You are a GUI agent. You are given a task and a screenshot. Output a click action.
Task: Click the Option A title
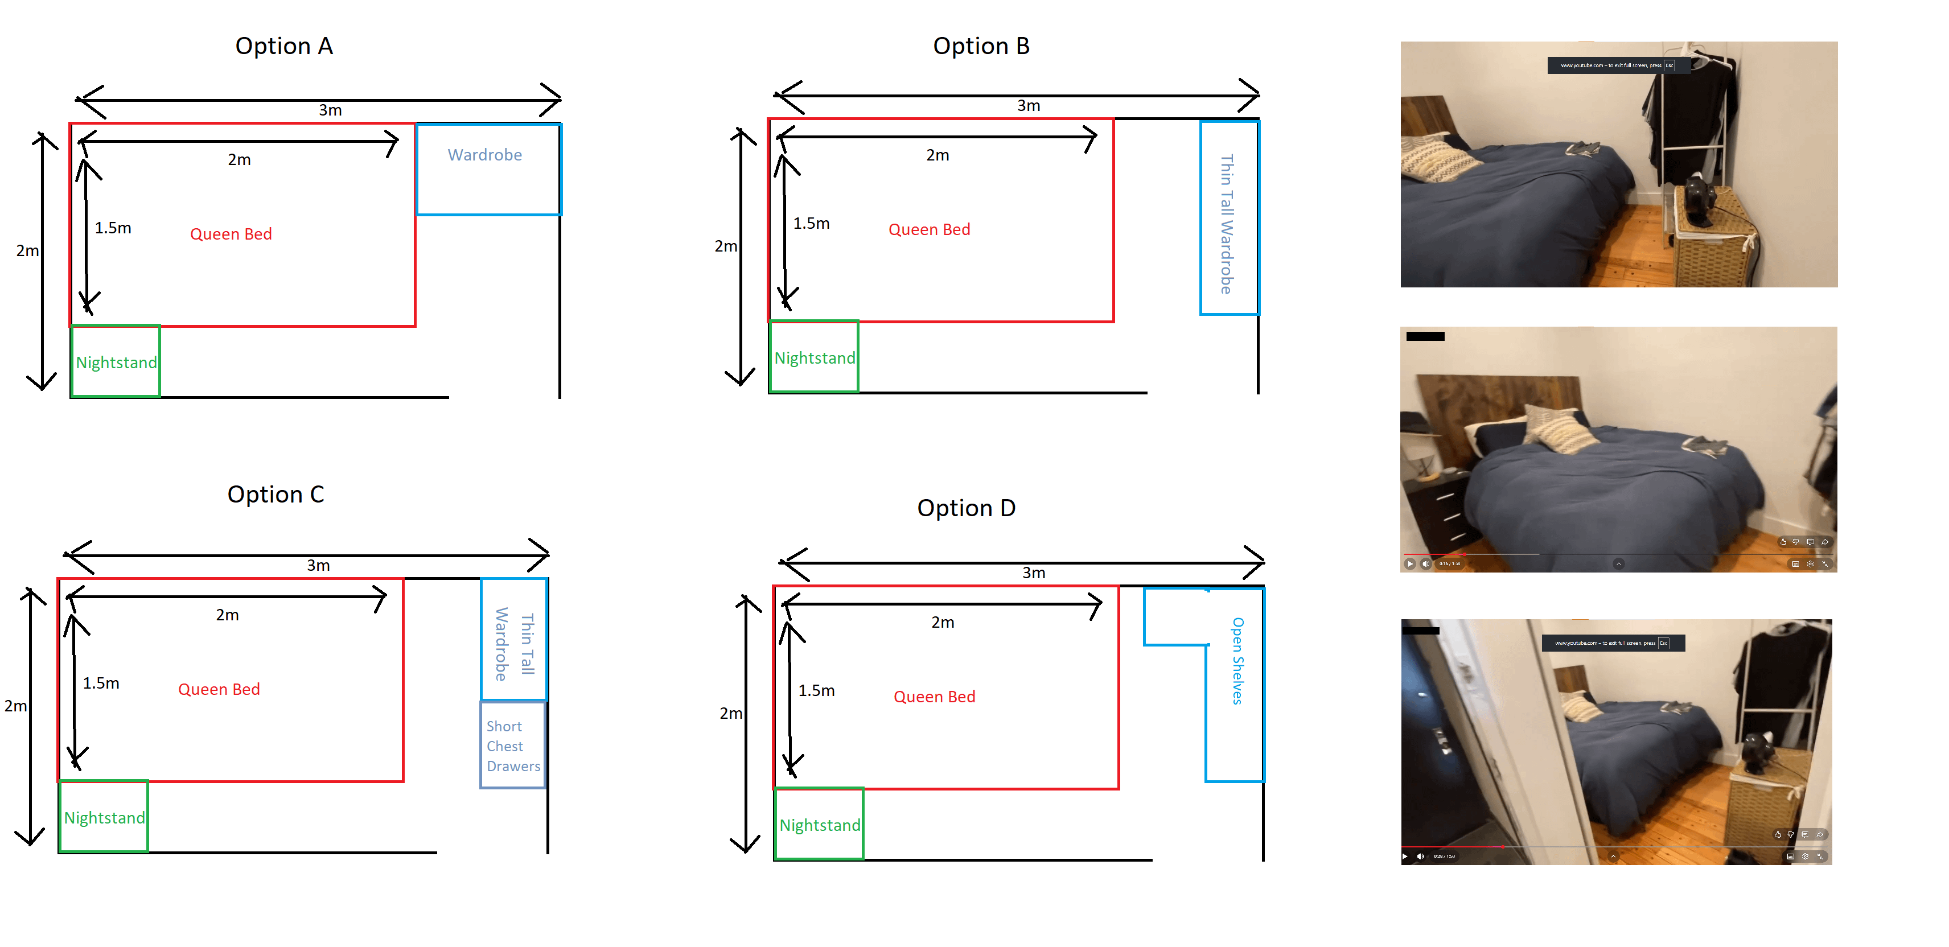283,46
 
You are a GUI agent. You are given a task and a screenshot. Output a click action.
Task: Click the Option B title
981,46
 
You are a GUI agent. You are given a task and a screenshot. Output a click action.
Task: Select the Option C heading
276,495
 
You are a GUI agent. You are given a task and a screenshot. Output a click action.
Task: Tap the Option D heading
966,508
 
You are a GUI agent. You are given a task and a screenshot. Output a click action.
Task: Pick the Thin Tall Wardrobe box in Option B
1229,218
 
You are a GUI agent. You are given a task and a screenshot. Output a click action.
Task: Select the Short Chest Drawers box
513,746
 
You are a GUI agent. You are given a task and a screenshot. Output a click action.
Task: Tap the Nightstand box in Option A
116,361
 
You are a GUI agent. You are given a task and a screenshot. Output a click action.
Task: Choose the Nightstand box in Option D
820,825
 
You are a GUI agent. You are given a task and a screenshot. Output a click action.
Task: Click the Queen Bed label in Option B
929,230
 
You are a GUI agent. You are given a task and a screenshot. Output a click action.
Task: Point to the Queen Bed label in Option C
219,690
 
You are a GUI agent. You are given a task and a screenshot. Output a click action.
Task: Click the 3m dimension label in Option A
330,110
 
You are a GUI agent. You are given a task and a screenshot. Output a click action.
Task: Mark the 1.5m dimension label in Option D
816,690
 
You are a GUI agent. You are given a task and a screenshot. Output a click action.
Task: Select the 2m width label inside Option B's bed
938,155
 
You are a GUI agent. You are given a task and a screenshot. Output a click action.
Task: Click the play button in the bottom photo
1405,857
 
